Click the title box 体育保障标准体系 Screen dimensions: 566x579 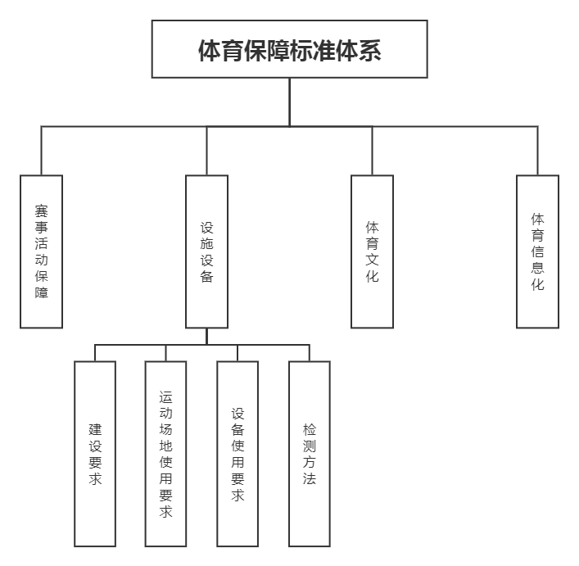click(289, 49)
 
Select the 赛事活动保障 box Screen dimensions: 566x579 click(42, 251)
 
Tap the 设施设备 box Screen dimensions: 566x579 click(206, 251)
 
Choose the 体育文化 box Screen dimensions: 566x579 click(372, 251)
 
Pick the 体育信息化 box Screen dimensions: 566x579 click(537, 251)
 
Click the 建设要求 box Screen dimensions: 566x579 click(95, 454)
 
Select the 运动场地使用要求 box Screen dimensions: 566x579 click(166, 454)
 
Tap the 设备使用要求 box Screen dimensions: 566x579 click(237, 454)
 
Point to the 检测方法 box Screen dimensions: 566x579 click(310, 454)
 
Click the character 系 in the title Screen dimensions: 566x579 click(369, 51)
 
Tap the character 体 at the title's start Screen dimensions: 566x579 click(210, 51)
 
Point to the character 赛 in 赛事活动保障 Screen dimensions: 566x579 click(42, 211)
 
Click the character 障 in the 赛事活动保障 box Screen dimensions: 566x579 click(42, 292)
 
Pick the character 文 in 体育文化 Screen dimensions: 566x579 click(372, 260)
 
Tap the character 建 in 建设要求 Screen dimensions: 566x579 click(95, 429)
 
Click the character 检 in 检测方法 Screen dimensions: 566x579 click(310, 429)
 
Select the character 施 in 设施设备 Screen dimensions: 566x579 click(206, 243)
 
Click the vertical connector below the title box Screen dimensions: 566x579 click(289, 102)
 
